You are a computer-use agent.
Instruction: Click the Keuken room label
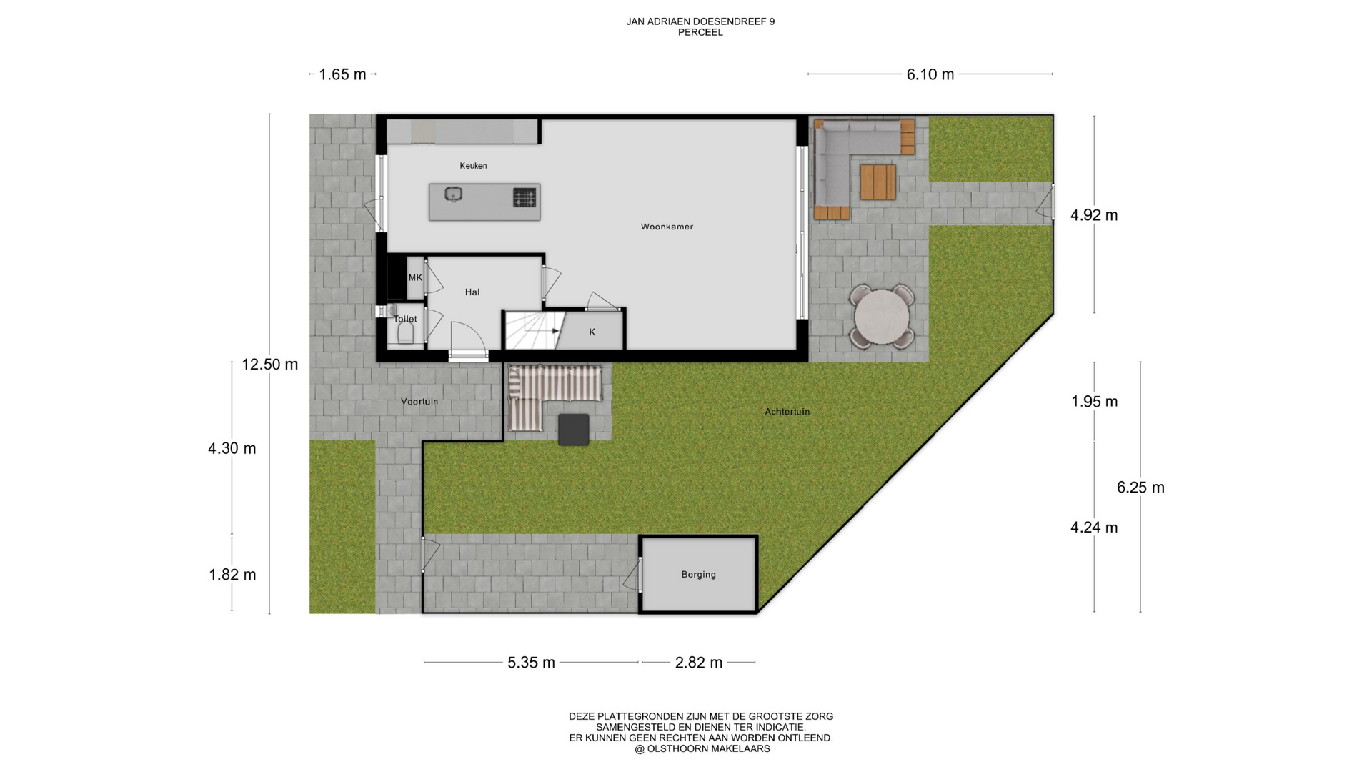pyautogui.click(x=473, y=166)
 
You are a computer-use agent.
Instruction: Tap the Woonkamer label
pyautogui.click(x=667, y=227)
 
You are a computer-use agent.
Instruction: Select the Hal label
pyautogui.click(x=472, y=292)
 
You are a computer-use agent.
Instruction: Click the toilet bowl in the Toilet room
pyautogui.click(x=406, y=335)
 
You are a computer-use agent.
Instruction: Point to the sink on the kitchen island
pyautogui.click(x=453, y=194)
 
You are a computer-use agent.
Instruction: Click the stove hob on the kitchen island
pyautogui.click(x=525, y=197)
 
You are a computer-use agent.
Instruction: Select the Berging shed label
pyautogui.click(x=698, y=574)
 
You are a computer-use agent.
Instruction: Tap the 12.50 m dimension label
pyautogui.click(x=269, y=364)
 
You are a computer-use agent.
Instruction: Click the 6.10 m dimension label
pyautogui.click(x=930, y=74)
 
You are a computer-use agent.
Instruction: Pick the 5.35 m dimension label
pyautogui.click(x=531, y=663)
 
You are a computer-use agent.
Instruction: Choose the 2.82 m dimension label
pyautogui.click(x=698, y=663)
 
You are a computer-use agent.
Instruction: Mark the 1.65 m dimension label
pyautogui.click(x=342, y=74)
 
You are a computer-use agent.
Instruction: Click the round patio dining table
pyautogui.click(x=882, y=317)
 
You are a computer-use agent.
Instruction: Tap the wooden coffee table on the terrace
pyautogui.click(x=878, y=182)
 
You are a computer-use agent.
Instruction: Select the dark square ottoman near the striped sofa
pyautogui.click(x=573, y=430)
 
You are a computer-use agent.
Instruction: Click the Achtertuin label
pyautogui.click(x=787, y=412)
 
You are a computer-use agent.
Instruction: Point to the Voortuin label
pyautogui.click(x=419, y=402)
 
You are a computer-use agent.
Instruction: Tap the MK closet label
pyautogui.click(x=415, y=277)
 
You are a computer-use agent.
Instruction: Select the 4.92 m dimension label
pyautogui.click(x=1094, y=215)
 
